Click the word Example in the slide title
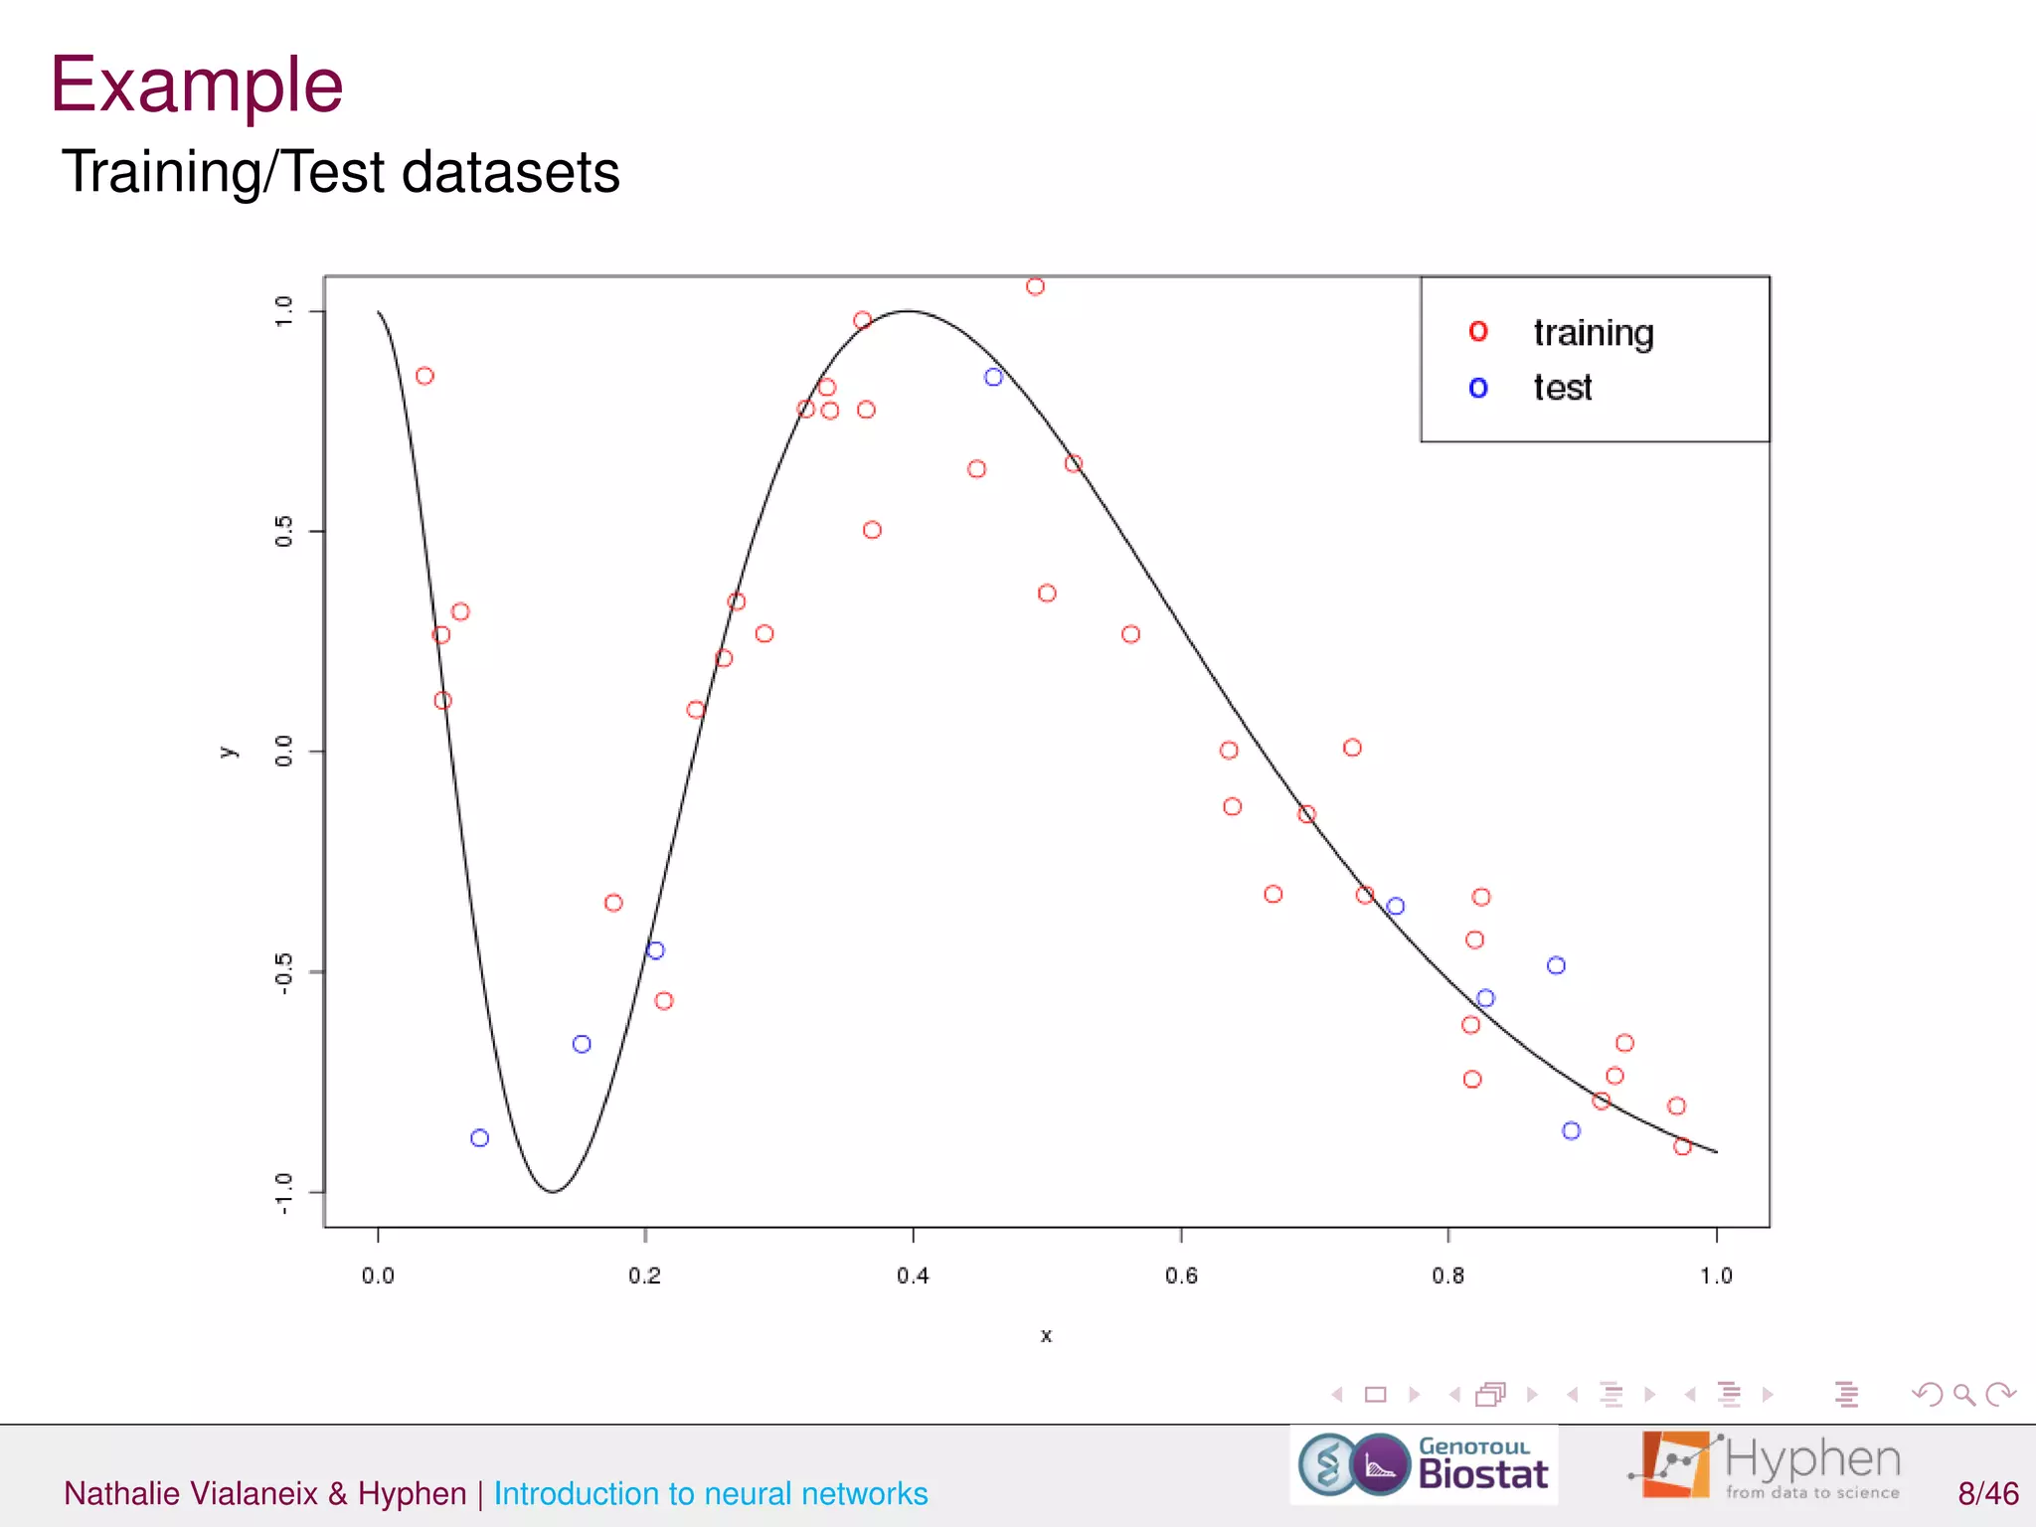tap(197, 85)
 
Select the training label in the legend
tap(1593, 333)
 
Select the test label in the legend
tap(1562, 388)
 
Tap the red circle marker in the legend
tap(1478, 332)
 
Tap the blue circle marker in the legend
tap(1478, 388)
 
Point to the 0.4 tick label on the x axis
tap(913, 1275)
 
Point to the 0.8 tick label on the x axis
tap(1447, 1275)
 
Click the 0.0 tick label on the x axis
tap(378, 1275)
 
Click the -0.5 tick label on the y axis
tap(284, 973)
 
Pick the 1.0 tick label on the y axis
tap(284, 311)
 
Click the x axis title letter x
tap(1046, 1336)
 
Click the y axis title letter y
tap(228, 752)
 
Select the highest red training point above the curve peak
tap(1035, 286)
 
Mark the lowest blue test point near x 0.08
tap(479, 1137)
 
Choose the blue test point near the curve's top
tap(993, 377)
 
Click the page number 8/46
tap(1987, 1493)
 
